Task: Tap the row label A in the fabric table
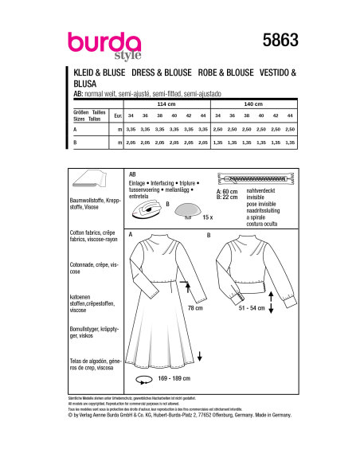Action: tap(74, 127)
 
